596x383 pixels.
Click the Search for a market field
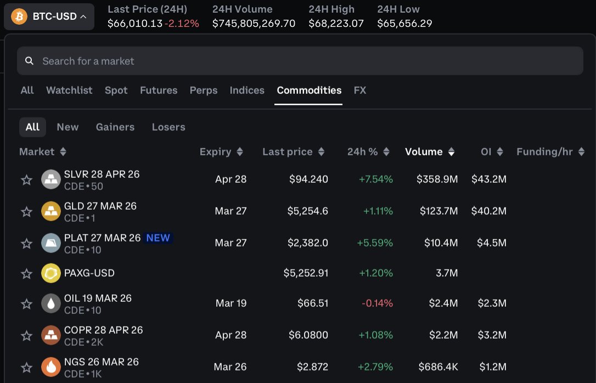click(299, 61)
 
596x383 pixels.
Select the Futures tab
click(159, 91)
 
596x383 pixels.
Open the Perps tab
click(204, 91)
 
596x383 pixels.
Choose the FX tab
click(360, 91)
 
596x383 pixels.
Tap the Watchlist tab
click(69, 91)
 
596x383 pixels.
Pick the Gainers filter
click(115, 127)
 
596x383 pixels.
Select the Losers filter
click(168, 127)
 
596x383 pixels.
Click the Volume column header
click(424, 152)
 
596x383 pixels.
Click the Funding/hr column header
click(544, 152)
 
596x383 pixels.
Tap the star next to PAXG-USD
click(26, 273)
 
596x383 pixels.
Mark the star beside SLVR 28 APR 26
click(26, 180)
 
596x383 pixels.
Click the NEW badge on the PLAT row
click(158, 238)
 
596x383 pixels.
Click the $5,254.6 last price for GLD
click(308, 211)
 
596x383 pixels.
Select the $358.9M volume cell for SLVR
click(437, 179)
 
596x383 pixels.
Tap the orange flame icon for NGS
click(51, 367)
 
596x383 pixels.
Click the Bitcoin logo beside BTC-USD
click(19, 16)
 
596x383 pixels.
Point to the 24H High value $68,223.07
click(336, 24)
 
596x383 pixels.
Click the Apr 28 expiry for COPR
click(230, 335)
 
